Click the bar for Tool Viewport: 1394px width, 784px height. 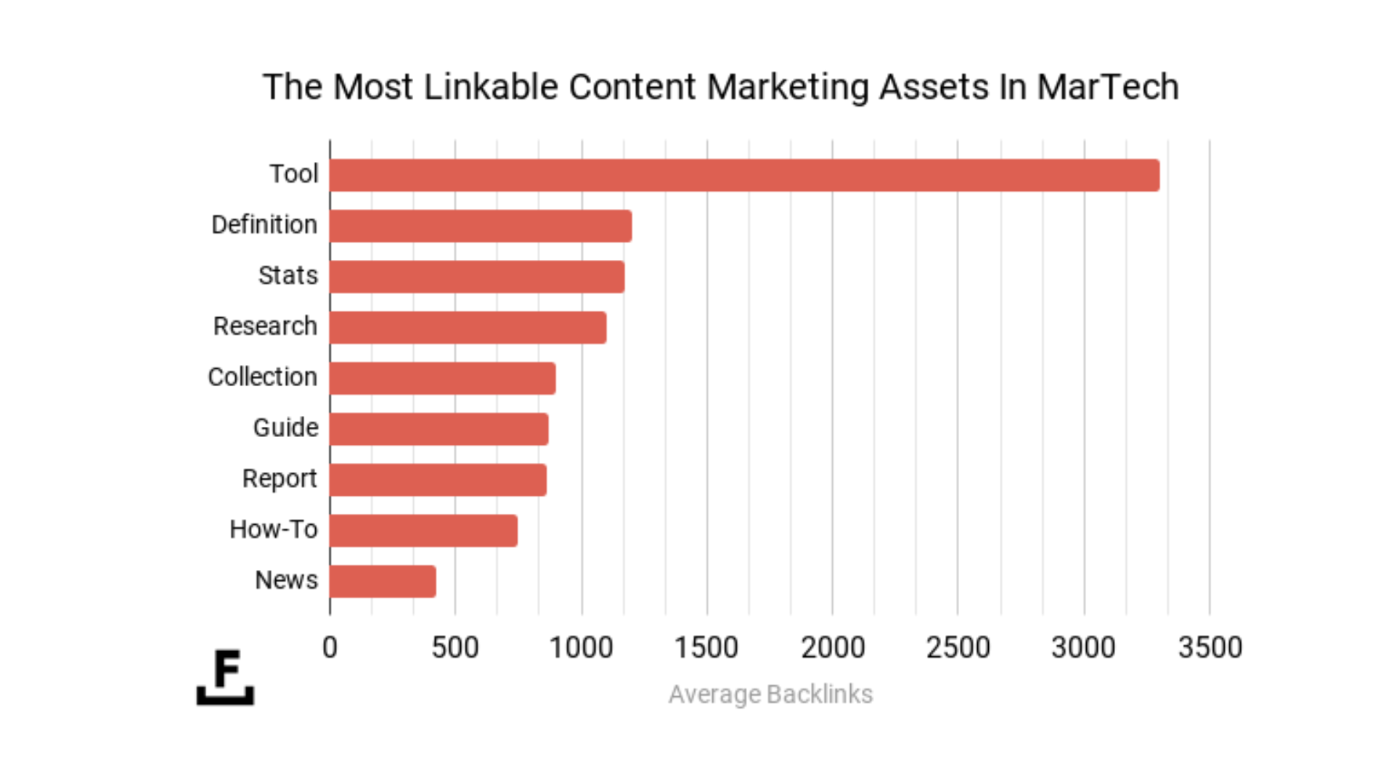click(744, 175)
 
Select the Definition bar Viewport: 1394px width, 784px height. click(480, 226)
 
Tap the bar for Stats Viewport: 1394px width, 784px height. click(476, 277)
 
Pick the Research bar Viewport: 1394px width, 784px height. click(468, 327)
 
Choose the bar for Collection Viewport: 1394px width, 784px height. click(442, 378)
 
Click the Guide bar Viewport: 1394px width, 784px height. click(439, 429)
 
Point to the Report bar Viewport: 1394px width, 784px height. click(438, 480)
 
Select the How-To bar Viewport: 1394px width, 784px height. click(423, 531)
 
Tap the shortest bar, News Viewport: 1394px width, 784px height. click(383, 581)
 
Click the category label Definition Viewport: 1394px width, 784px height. click(264, 225)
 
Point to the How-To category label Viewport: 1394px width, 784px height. click(274, 530)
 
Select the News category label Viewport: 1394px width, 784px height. click(286, 581)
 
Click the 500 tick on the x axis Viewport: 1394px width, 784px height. click(455, 648)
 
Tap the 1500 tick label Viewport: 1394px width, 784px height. click(706, 648)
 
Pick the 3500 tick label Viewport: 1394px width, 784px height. click(1210, 648)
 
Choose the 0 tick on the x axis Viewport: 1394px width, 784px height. click(330, 648)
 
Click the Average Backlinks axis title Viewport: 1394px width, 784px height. click(770, 695)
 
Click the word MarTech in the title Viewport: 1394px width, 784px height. click(1107, 87)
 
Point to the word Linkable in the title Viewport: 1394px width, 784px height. click(490, 87)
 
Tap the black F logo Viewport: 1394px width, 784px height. click(226, 677)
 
